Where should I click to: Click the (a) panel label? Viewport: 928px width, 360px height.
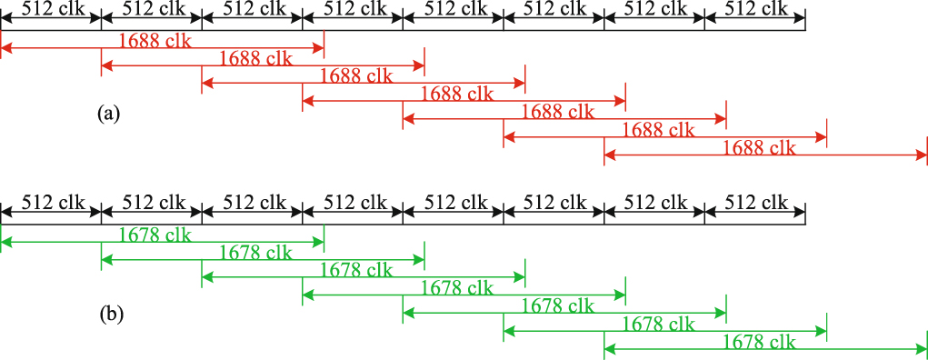[x=109, y=114]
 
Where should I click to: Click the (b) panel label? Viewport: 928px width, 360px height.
[x=109, y=315]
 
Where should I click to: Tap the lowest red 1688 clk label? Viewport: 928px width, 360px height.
[x=759, y=147]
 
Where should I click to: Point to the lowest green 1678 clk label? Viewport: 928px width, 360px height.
[x=759, y=342]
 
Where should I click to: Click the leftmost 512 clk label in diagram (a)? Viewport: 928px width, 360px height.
[x=52, y=9]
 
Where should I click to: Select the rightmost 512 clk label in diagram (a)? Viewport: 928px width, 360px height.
[x=755, y=9]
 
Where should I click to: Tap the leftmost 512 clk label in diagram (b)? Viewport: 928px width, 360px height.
[x=52, y=203]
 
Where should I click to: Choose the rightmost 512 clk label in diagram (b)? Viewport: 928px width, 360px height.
[x=755, y=203]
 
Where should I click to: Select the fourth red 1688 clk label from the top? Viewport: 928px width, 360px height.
[x=457, y=94]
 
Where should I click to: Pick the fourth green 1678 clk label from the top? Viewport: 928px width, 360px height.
[x=457, y=288]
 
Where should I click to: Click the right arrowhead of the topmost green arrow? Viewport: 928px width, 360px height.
[x=318, y=242]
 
